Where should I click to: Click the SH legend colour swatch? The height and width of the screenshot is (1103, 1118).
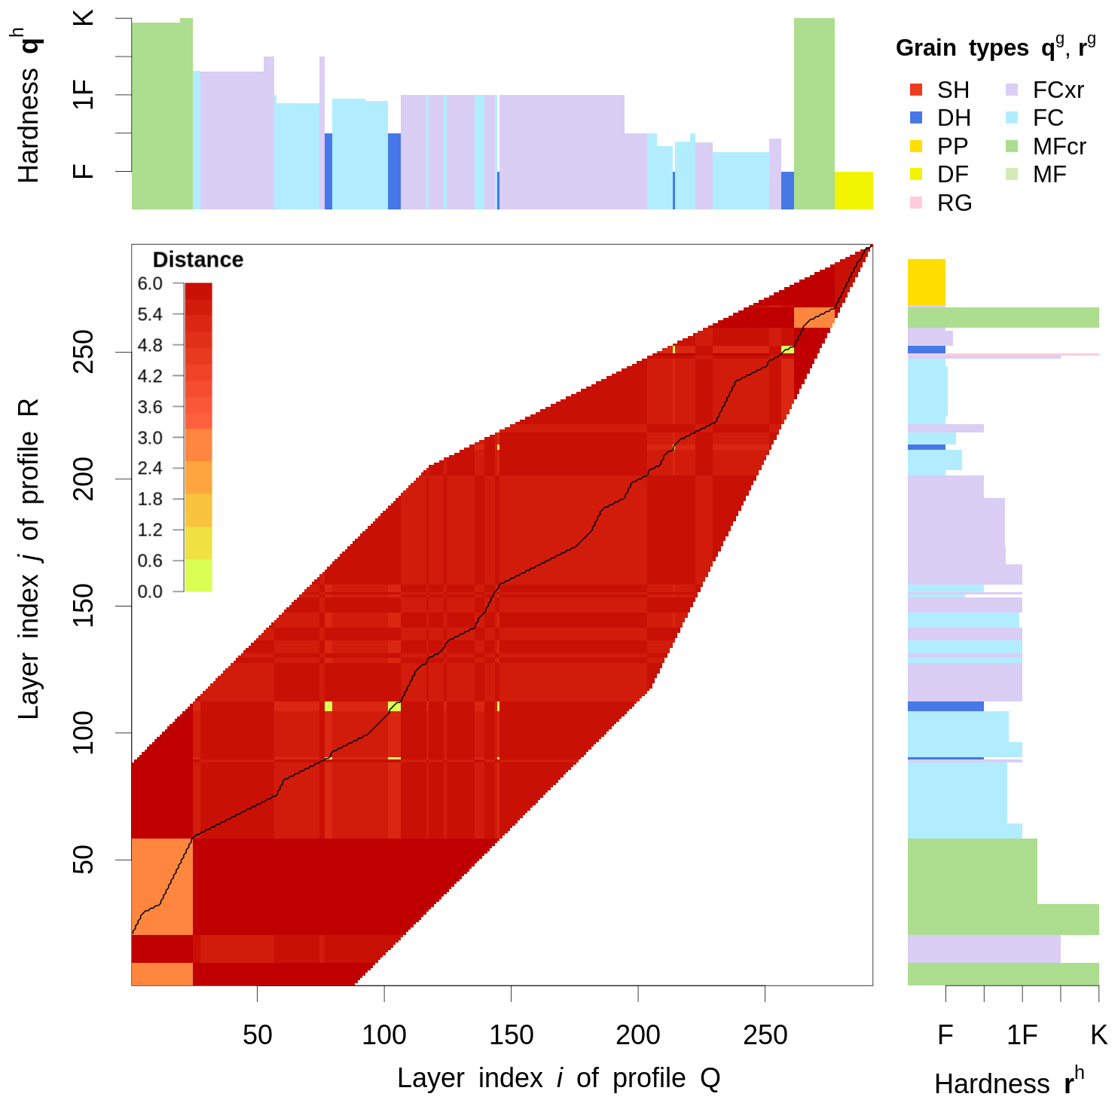coord(916,90)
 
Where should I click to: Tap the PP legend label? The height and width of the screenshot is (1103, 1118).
coord(953,146)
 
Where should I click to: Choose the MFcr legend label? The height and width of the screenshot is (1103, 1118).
coord(1059,146)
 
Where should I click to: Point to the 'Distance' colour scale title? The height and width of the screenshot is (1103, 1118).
coord(198,260)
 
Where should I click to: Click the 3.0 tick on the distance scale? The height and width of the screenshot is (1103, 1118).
coord(179,437)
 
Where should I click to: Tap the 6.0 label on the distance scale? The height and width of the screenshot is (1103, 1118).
coord(150,283)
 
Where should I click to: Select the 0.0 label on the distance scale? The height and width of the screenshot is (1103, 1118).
coord(150,591)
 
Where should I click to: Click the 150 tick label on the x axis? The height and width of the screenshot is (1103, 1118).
coord(511,1034)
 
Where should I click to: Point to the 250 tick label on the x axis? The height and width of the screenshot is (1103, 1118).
coord(765,1034)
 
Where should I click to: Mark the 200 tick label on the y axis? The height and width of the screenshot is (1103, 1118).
coord(83,478)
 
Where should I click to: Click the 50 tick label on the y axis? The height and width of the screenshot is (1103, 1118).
coord(83,859)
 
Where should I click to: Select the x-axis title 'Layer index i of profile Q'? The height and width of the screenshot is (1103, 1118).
coord(558,1078)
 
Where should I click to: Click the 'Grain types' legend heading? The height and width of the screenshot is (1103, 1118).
coord(994,48)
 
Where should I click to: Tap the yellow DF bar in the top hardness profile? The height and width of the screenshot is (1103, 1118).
coord(854,191)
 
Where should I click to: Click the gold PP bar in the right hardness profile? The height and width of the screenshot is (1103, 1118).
coord(927,283)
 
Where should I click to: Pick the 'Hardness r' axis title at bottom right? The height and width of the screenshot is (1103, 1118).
coord(1008,1082)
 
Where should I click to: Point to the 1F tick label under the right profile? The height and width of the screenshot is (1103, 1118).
coord(1022,1034)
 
